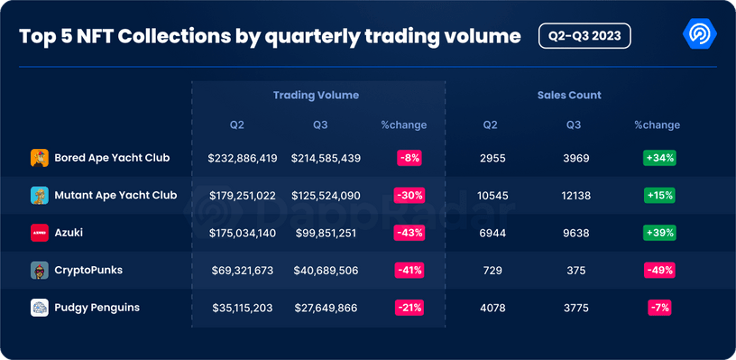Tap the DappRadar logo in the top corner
click(700, 34)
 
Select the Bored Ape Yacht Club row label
click(112, 158)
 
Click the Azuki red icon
click(39, 233)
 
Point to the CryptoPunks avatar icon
click(39, 271)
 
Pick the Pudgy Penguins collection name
click(97, 308)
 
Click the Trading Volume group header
click(316, 95)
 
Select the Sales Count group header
click(568, 95)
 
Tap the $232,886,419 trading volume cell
click(243, 158)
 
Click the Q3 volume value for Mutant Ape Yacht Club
click(326, 195)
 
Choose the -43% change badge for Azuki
click(409, 233)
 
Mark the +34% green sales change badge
click(659, 158)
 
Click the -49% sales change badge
click(659, 271)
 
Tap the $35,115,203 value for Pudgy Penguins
click(243, 308)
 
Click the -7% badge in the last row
click(659, 308)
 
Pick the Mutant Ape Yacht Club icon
click(39, 195)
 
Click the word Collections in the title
click(163, 36)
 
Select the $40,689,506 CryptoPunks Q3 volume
click(326, 271)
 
